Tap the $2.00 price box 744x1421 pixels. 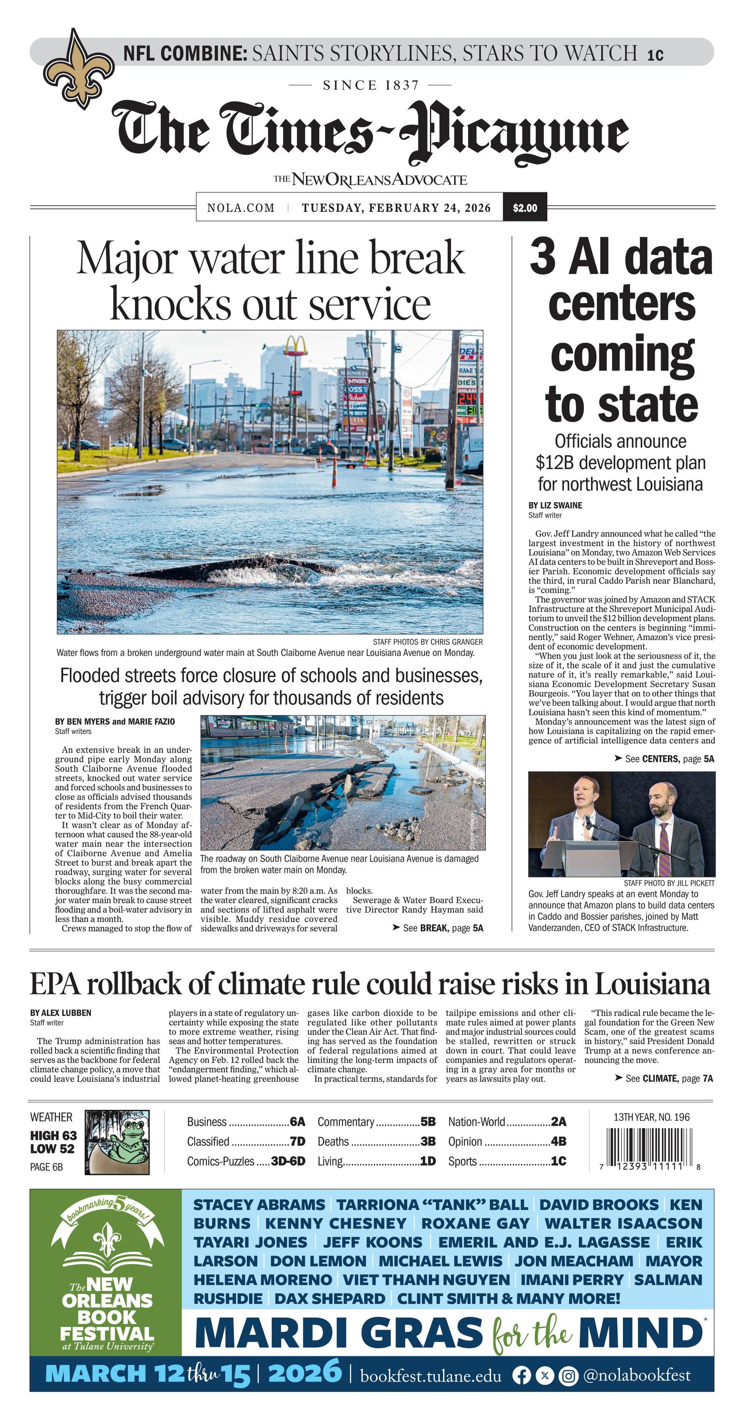524,208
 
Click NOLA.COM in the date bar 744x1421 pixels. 240,208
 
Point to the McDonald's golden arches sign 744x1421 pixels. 295,346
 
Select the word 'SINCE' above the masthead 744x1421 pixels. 343,85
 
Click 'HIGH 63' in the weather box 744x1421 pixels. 54,1135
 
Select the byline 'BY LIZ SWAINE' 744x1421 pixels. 555,505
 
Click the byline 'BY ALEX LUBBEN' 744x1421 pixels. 61,1013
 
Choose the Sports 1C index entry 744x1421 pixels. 507,1161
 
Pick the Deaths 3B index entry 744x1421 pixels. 376,1142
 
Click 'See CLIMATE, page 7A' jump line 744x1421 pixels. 663,1078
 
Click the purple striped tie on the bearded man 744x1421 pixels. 664,847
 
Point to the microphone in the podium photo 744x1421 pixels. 588,821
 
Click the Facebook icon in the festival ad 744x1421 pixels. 521,1376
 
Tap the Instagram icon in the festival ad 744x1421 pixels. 568,1376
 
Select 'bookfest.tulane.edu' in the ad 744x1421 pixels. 431,1376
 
